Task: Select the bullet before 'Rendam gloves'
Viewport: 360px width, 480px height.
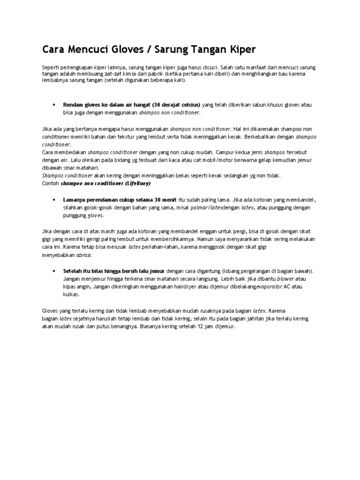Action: [55, 105]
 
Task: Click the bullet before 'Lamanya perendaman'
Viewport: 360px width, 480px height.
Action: [55, 198]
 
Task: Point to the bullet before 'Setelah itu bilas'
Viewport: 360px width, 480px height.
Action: [55, 271]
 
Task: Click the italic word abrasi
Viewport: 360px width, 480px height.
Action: [84, 255]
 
